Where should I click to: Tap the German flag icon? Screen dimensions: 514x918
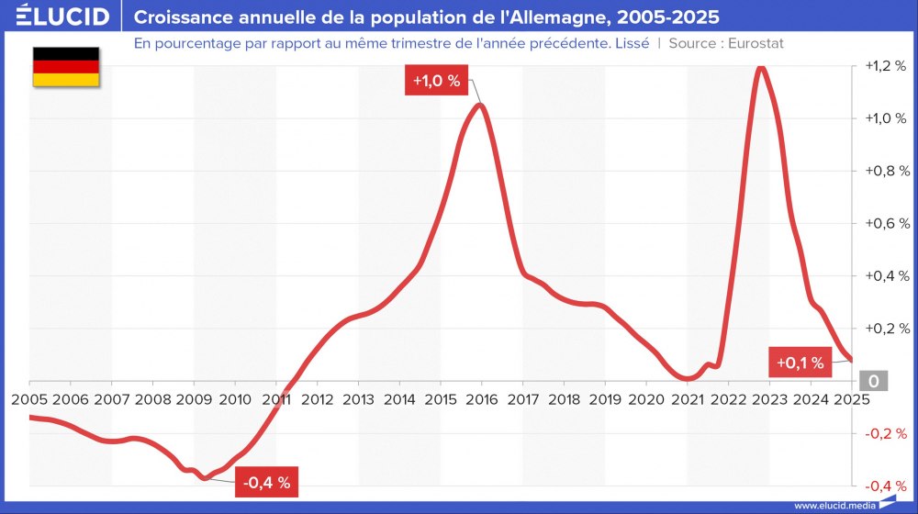pyautogui.click(x=65, y=67)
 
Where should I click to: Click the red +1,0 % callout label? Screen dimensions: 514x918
pyautogui.click(x=436, y=81)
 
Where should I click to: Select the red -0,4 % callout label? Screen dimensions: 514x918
pyautogui.click(x=266, y=482)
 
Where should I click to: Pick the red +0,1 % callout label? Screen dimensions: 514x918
pyautogui.click(x=800, y=363)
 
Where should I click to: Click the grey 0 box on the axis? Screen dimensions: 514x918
pyautogui.click(x=873, y=381)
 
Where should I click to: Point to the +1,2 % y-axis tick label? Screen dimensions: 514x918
pyautogui.click(x=887, y=67)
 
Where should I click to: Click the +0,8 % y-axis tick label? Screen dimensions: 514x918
pyautogui.click(x=887, y=171)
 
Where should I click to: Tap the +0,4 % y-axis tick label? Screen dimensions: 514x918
pyautogui.click(x=887, y=275)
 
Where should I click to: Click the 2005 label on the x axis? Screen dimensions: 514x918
pyautogui.click(x=29, y=399)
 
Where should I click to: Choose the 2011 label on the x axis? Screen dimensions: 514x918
pyautogui.click(x=276, y=399)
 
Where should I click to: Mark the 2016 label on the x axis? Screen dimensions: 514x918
pyautogui.click(x=481, y=399)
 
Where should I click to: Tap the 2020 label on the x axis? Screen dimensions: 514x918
pyautogui.click(x=645, y=399)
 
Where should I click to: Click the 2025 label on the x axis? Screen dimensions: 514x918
pyautogui.click(x=850, y=399)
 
